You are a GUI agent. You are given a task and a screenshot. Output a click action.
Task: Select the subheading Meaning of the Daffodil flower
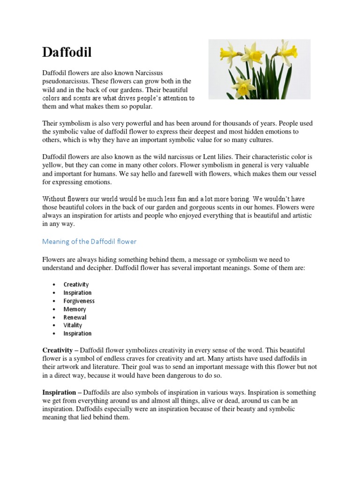(x=89, y=241)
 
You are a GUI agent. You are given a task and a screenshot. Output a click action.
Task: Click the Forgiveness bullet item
(x=79, y=301)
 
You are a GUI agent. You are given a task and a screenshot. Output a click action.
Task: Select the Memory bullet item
(x=75, y=309)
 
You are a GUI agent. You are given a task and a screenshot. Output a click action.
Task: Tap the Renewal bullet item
(x=75, y=317)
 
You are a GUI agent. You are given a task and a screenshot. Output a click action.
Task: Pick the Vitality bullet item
(x=73, y=325)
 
